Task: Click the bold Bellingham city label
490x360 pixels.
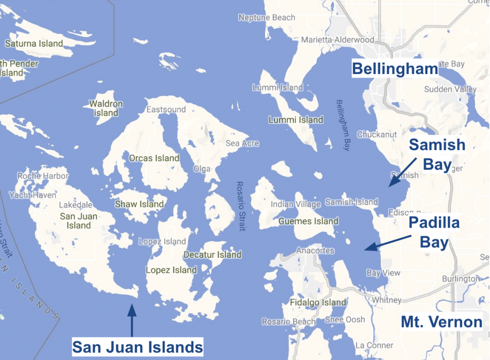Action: (x=395, y=68)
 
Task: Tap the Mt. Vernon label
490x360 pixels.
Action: (x=441, y=322)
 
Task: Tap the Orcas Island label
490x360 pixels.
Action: (x=154, y=158)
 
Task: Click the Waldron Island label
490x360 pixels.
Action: (x=106, y=109)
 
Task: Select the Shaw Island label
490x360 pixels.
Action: (x=139, y=204)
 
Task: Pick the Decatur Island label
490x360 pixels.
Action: (x=212, y=254)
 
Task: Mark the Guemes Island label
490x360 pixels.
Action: (x=308, y=221)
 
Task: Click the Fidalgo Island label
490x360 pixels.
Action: (x=318, y=302)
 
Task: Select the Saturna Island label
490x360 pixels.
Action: (x=34, y=44)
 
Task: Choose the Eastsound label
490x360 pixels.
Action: (x=166, y=109)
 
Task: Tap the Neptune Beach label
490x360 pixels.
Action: (x=267, y=18)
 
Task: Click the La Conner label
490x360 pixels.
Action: (x=374, y=345)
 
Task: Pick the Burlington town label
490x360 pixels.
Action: (x=460, y=279)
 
